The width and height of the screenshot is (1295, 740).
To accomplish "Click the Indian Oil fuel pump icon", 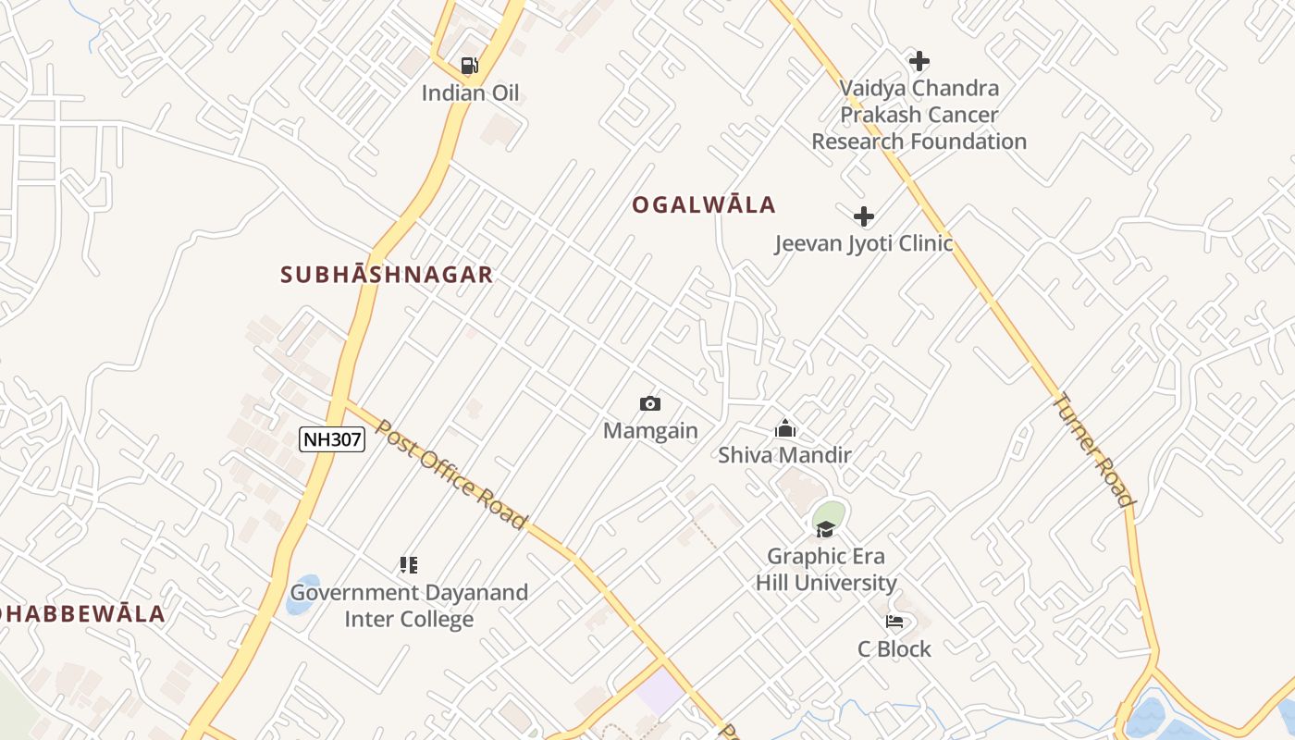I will tap(470, 65).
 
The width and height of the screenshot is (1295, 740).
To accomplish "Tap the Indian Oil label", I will tap(470, 92).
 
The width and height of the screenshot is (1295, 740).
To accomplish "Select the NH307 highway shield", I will tap(332, 439).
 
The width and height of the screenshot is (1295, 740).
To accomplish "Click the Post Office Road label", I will tap(450, 475).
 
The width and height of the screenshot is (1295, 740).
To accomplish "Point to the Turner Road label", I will tap(1093, 450).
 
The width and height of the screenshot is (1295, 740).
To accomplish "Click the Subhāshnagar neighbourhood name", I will tap(387, 275).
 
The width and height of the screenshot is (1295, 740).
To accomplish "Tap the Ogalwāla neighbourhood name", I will tap(704, 205).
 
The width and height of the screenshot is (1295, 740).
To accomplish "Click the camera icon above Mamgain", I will tap(650, 403).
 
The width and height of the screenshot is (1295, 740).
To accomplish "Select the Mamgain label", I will tap(650, 431).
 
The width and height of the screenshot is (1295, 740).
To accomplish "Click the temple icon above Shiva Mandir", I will tap(785, 428).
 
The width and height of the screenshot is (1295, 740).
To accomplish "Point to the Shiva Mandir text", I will tap(785, 455).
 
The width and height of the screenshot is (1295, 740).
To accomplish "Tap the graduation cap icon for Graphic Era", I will tap(825, 528).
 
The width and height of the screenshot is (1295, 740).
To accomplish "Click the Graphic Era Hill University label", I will tap(826, 570).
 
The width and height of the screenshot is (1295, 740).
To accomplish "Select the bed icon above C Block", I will tap(894, 621).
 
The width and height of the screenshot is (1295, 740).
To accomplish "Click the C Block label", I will tap(894, 649).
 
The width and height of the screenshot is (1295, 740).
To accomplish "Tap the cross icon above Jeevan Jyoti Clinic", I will tap(864, 216).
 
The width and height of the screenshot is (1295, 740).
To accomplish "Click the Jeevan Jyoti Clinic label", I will tap(864, 243).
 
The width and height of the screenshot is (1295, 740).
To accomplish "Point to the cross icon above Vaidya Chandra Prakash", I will tap(919, 61).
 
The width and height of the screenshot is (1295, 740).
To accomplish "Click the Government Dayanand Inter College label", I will tap(409, 606).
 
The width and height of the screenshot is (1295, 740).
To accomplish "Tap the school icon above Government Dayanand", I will tap(409, 564).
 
